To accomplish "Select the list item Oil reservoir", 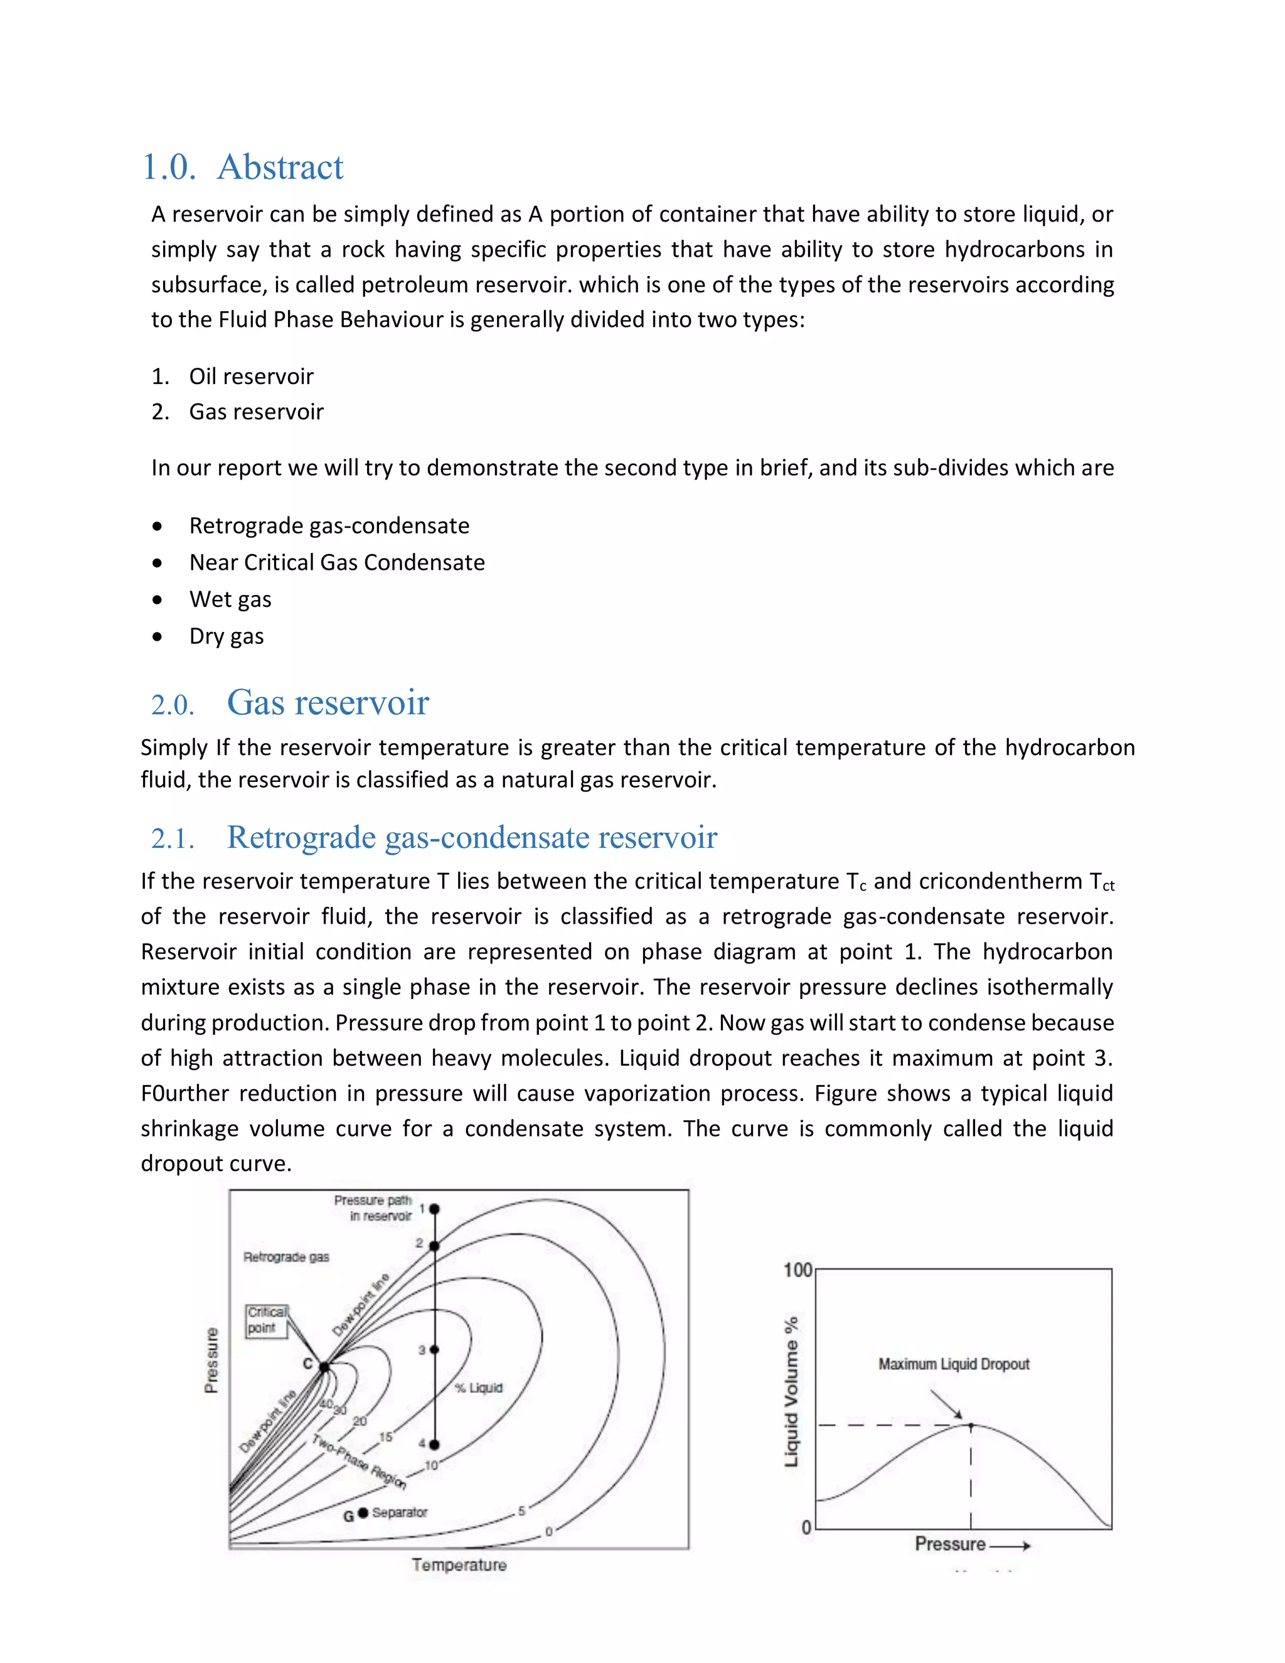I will point(251,376).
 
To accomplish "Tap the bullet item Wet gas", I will point(230,599).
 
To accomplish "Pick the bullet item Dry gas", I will point(226,636).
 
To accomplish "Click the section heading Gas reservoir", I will point(328,703).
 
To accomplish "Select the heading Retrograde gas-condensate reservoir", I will point(471,838).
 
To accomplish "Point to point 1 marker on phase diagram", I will point(434,1209).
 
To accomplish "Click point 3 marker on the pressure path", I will point(434,1349).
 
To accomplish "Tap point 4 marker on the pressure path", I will point(434,1445).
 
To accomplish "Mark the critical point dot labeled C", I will point(324,1367).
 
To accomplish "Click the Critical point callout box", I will point(267,1320).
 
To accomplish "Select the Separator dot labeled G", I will point(363,1512).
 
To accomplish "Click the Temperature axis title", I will point(459,1564).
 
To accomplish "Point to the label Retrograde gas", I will point(286,1257).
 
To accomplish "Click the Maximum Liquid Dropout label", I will point(953,1364).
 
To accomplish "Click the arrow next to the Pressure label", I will point(1011,1546).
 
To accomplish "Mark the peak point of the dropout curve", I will point(971,1425).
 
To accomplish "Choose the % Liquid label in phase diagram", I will point(479,1388).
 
